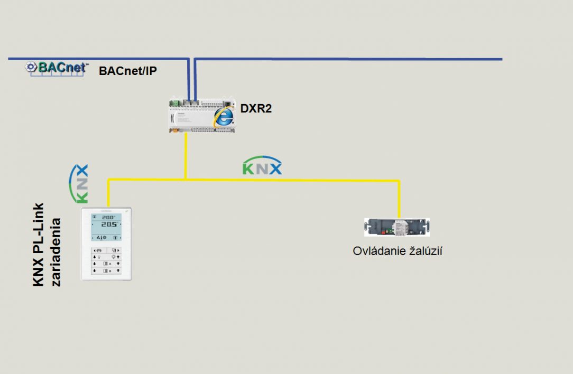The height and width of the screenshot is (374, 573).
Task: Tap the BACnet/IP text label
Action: [x=127, y=71]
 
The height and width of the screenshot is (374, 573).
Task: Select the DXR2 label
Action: [x=256, y=109]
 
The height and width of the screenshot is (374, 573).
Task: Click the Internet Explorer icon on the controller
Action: [x=224, y=117]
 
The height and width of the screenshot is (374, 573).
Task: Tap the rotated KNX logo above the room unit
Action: [x=79, y=184]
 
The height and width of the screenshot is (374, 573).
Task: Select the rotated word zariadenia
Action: [x=56, y=251]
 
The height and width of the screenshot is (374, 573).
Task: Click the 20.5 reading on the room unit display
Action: [x=109, y=225]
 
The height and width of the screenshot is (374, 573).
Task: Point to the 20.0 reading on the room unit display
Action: [x=108, y=217]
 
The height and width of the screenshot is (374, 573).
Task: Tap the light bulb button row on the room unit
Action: [x=106, y=256]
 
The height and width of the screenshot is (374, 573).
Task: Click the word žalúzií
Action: [x=423, y=251]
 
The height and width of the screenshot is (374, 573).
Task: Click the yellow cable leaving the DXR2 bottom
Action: [x=186, y=156]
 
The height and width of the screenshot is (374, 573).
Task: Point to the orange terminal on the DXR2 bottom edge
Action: [x=175, y=131]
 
